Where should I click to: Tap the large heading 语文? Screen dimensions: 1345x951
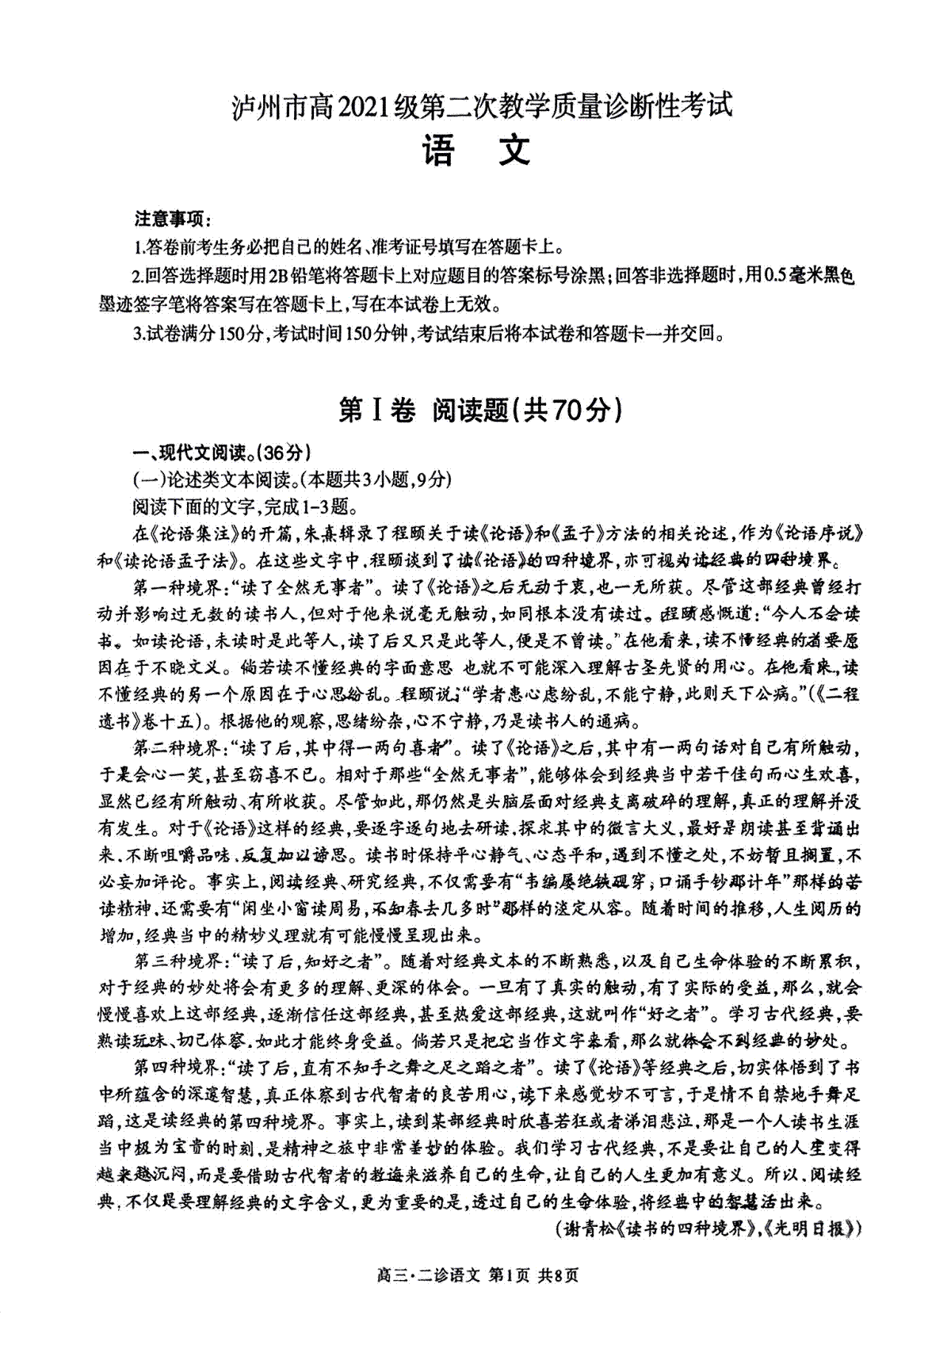(x=476, y=149)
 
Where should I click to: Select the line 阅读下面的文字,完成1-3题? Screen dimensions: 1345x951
(x=246, y=506)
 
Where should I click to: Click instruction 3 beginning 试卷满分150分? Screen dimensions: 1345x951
(x=428, y=334)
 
